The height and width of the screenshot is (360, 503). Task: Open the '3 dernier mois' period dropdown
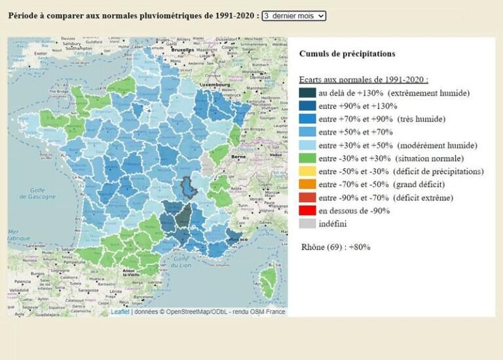click(293, 16)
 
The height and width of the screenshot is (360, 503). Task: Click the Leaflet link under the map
click(120, 312)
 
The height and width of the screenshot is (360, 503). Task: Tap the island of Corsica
click(269, 279)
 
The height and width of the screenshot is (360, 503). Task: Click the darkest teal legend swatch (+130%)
click(307, 93)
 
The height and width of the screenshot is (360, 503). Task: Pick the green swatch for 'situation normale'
click(307, 158)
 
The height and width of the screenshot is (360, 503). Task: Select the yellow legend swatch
click(307, 171)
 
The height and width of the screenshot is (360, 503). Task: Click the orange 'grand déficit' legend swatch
click(307, 185)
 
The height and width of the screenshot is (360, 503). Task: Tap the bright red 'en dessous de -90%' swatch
click(307, 211)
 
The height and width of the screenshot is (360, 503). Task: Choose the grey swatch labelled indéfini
click(307, 224)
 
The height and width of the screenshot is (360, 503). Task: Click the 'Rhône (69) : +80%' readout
click(335, 247)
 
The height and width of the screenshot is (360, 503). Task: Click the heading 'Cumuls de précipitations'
click(347, 54)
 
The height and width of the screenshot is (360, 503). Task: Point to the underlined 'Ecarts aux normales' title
click(363, 79)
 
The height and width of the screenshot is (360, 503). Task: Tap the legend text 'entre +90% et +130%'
click(358, 106)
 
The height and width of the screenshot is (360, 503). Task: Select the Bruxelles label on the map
click(181, 50)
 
